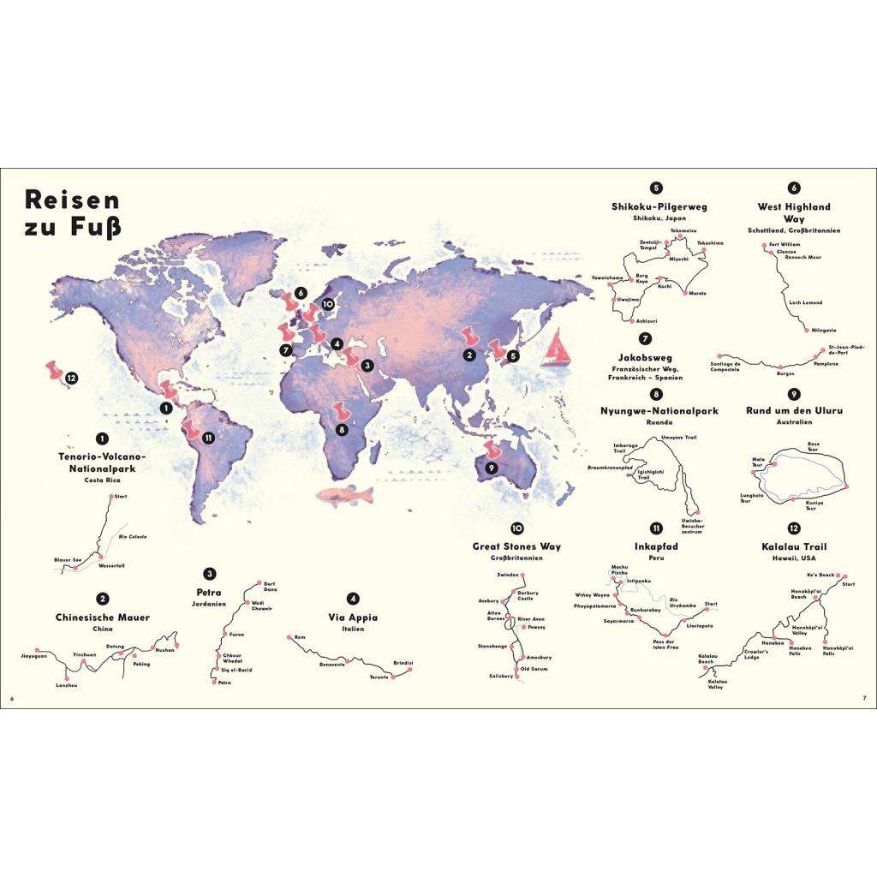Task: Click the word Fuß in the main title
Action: (94, 228)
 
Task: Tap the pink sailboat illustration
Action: (558, 349)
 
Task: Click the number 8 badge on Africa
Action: (342, 429)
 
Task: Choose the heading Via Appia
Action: (352, 617)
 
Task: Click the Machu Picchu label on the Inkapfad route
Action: (619, 570)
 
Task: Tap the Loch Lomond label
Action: (804, 302)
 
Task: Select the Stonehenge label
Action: (492, 645)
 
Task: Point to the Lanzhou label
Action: (66, 685)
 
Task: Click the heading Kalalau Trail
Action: (793, 546)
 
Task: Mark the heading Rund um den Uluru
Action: (794, 410)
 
